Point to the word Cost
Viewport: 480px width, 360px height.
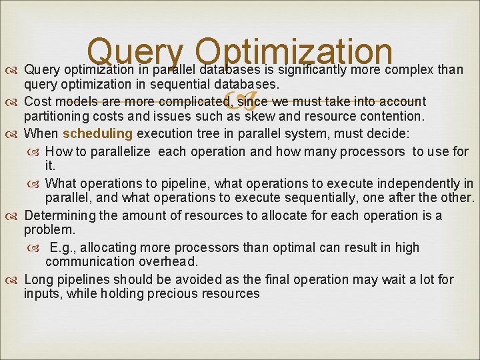(38, 101)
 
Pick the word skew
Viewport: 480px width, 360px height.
(263, 116)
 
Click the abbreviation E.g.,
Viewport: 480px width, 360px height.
(66, 247)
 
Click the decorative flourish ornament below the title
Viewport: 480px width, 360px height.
(240, 101)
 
